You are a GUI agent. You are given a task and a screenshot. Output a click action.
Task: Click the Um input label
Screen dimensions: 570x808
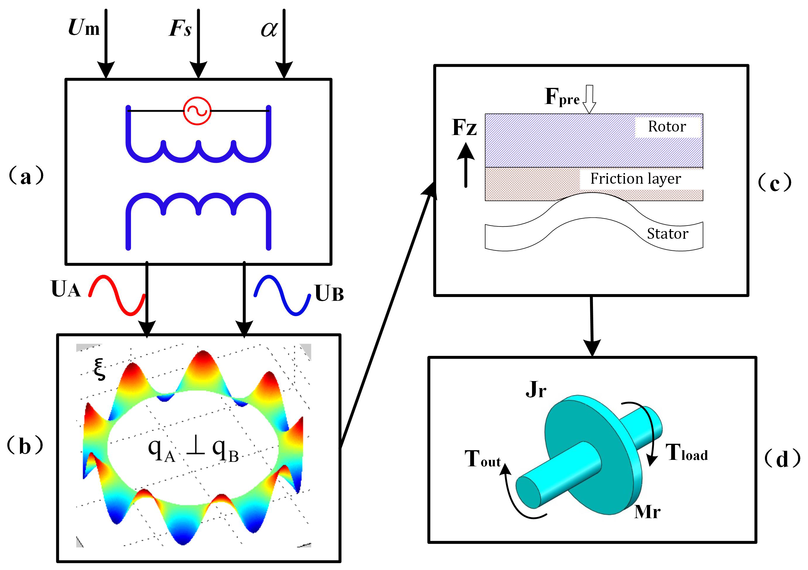point(84,28)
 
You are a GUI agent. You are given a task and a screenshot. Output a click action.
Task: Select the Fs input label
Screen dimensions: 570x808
point(180,28)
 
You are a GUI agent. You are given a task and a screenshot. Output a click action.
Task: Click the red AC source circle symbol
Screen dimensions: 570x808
point(197,111)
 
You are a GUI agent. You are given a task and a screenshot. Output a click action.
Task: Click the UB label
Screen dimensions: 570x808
point(329,293)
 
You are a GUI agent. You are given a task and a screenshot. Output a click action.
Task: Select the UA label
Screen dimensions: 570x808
point(66,289)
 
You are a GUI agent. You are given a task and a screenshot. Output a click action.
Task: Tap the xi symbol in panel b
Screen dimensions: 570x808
point(100,369)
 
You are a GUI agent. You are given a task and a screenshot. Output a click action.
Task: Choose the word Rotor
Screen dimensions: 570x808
point(667,126)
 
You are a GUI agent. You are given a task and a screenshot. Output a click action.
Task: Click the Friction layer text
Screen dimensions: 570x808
point(635,178)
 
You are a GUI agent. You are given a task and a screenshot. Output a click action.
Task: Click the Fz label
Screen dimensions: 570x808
point(465,127)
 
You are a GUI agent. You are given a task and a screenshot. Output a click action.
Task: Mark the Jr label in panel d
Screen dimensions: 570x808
point(536,390)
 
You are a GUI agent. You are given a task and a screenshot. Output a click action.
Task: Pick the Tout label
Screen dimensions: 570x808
point(483,459)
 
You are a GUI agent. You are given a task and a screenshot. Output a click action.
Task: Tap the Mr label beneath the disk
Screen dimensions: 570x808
point(647,512)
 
